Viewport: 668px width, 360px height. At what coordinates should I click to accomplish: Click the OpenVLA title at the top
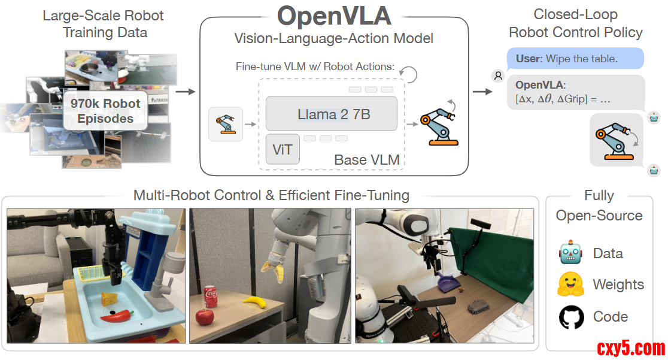[334, 16]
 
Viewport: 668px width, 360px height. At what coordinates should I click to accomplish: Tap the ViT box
[282, 149]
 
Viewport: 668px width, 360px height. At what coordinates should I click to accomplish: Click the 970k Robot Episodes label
[105, 111]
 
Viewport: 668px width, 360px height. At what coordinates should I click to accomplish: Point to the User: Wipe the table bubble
[575, 59]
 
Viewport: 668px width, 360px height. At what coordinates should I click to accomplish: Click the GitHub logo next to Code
[571, 317]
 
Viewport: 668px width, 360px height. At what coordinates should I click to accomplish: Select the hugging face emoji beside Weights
[571, 285]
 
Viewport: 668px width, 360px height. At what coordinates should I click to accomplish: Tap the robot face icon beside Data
[571, 253]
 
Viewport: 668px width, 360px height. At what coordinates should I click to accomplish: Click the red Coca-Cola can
[211, 296]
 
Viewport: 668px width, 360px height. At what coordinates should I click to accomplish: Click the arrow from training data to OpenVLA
[187, 92]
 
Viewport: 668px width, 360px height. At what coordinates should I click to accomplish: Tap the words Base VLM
[366, 160]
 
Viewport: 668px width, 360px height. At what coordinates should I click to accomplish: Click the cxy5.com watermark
[630, 348]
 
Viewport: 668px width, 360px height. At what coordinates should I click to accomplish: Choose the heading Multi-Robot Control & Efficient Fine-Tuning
[271, 195]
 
